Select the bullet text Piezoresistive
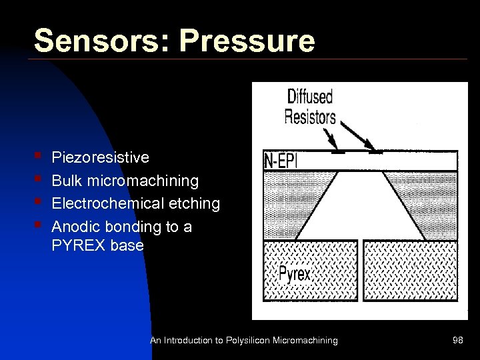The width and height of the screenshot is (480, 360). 100,157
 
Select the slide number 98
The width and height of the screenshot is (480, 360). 457,341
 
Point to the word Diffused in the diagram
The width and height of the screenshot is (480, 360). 309,97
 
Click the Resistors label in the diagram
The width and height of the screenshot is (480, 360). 310,117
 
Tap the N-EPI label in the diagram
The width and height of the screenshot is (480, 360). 281,161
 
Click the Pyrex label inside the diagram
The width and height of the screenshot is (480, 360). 293,274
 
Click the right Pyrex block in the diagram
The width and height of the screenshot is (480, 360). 410,270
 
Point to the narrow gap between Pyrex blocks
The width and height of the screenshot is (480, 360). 359,270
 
